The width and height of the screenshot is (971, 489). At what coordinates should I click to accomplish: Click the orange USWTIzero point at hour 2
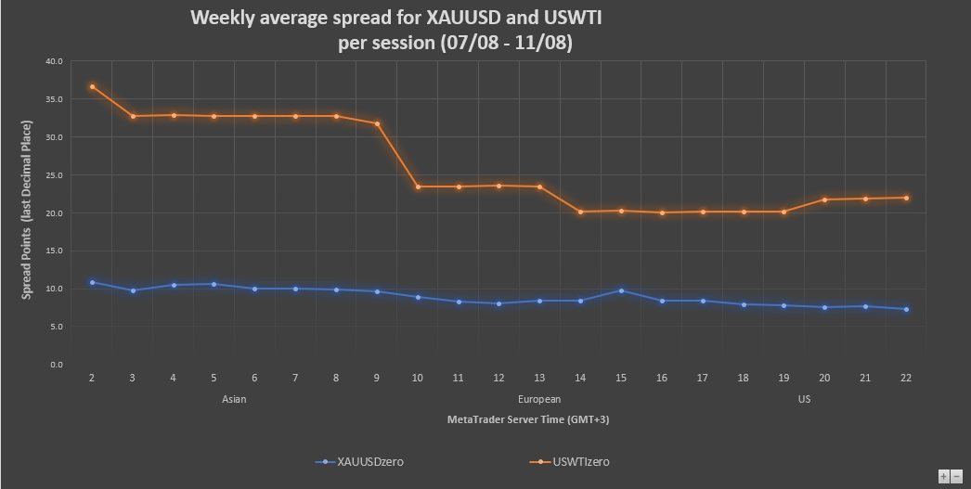[92, 86]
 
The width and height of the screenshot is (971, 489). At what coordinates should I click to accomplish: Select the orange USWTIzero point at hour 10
[418, 187]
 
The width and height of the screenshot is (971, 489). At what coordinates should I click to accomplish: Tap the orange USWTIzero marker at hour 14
[580, 212]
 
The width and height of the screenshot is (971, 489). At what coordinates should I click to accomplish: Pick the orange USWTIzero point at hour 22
[906, 198]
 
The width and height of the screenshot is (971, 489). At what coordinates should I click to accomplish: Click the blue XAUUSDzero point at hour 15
[621, 290]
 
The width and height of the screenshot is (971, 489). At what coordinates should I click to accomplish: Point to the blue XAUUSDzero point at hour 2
[92, 282]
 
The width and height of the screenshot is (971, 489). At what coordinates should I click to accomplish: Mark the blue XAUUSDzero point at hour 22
[906, 309]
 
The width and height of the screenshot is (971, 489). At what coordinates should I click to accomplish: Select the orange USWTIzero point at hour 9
[377, 123]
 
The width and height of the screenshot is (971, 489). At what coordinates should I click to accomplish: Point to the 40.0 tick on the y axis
[54, 61]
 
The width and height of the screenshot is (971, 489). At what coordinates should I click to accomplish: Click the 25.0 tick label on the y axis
[54, 175]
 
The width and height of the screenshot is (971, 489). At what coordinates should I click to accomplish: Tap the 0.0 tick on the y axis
[57, 365]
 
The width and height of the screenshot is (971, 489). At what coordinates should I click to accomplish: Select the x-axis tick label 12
[498, 379]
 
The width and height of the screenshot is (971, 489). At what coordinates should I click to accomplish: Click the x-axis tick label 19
[783, 379]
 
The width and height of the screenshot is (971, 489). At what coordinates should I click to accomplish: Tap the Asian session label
[234, 399]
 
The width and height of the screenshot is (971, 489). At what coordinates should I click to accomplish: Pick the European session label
[539, 399]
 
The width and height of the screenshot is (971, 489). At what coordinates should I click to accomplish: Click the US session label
[804, 399]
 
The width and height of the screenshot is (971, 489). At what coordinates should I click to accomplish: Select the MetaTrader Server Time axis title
[527, 419]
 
